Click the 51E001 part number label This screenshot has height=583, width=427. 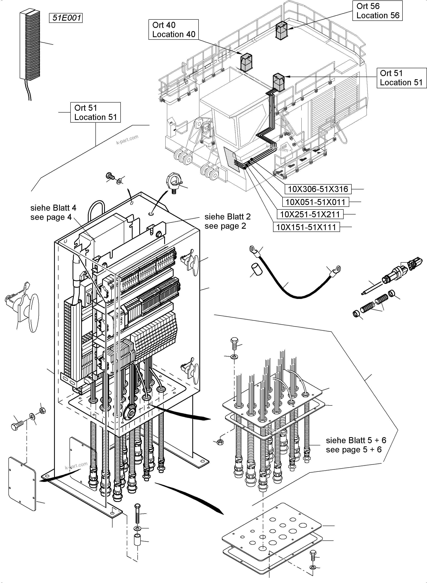(x=66, y=18)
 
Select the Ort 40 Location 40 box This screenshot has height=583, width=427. (x=173, y=30)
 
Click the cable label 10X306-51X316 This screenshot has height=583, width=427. (x=318, y=189)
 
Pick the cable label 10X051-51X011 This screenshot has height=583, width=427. (x=315, y=202)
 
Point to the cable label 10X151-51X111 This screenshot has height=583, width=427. (x=306, y=227)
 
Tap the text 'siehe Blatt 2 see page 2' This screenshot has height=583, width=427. (x=227, y=221)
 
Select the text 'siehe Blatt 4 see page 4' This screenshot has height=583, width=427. (x=53, y=212)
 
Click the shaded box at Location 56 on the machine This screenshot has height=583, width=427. (x=281, y=31)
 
